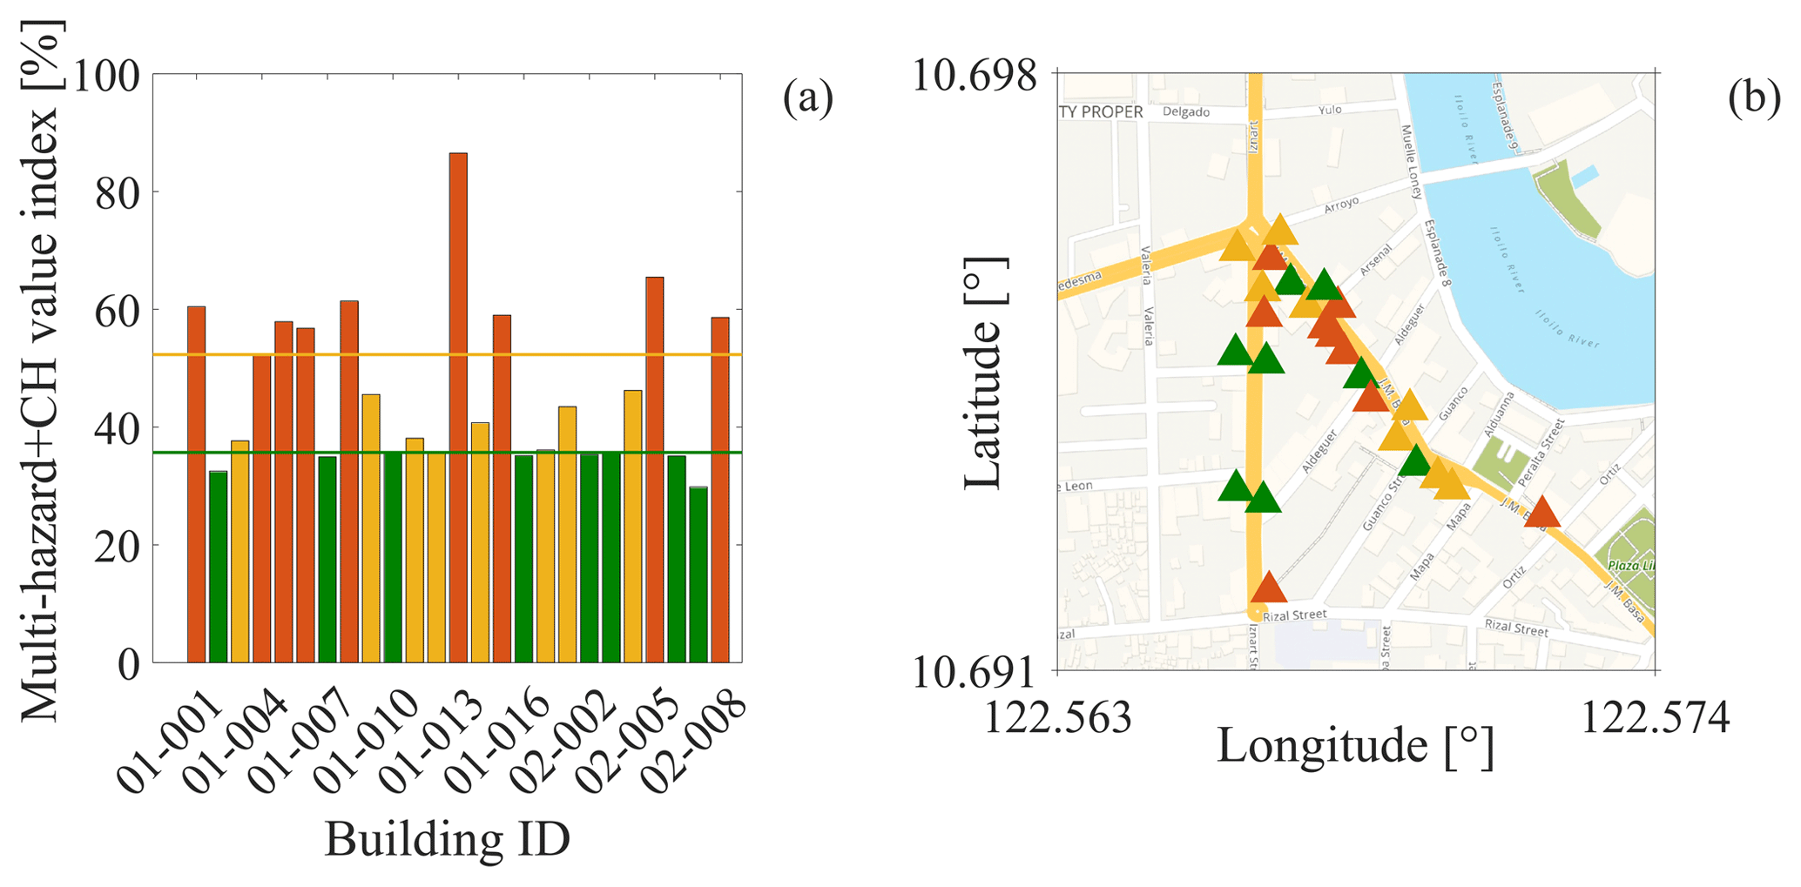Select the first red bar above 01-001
coord(196,484)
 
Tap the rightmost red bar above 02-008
coord(720,489)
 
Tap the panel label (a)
coord(807,97)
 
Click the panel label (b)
coord(1754,97)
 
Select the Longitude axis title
coord(1355,747)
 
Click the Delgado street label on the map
coord(1186,112)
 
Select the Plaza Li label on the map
coord(1631,566)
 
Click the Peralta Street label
coord(1541,453)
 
